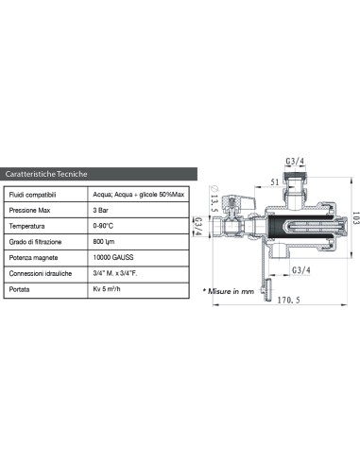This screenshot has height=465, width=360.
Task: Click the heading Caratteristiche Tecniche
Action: pos(46,175)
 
